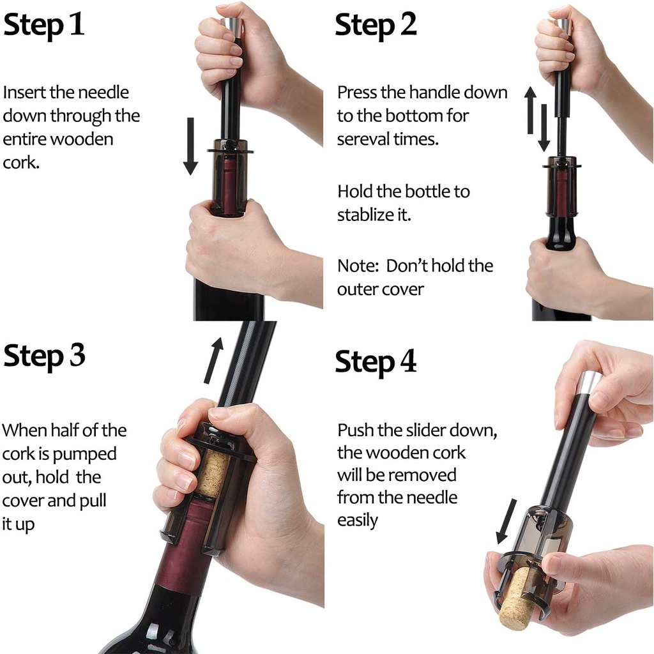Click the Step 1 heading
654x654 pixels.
point(44,25)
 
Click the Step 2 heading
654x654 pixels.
point(376,25)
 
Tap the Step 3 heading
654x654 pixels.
point(44,356)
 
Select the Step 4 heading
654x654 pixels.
point(376,361)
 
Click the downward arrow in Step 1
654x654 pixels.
point(190,146)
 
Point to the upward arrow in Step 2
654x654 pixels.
point(531,110)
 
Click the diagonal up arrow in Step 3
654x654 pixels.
point(213,360)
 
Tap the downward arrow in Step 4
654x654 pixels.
point(506,521)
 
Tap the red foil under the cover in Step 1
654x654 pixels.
point(229,180)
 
